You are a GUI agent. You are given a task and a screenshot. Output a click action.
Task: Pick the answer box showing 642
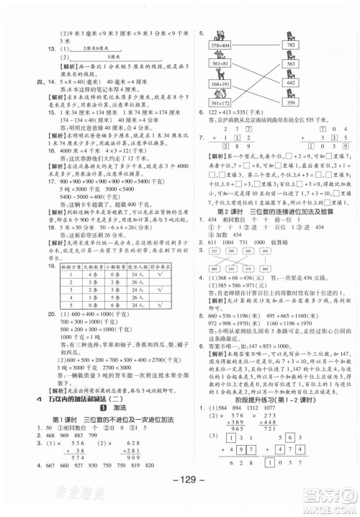pyautogui.click(x=289, y=83)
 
